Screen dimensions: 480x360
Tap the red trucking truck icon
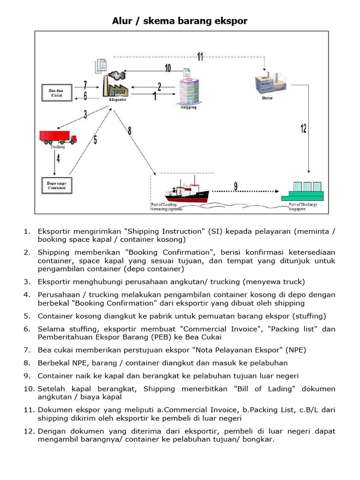(x=58, y=137)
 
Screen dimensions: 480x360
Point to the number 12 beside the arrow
(x=303, y=128)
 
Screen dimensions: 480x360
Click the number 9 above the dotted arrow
(x=235, y=186)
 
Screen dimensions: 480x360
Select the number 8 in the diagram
(x=129, y=131)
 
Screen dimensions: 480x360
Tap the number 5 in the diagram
(x=95, y=140)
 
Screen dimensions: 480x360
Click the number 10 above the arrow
(x=167, y=68)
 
